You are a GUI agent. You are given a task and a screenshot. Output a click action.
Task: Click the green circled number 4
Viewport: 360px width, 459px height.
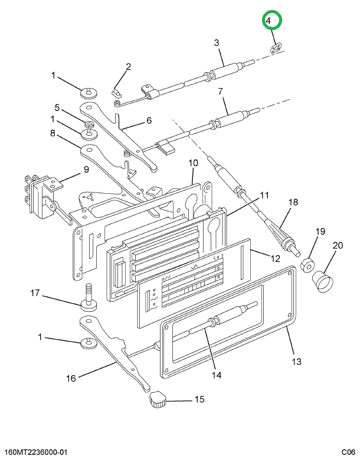point(272,21)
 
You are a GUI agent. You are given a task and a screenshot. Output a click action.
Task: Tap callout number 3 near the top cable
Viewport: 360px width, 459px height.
point(217,43)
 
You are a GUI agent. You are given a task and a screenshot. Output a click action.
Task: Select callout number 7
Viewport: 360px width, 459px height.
point(220,92)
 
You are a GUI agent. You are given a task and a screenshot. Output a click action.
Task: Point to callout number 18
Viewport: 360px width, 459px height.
point(293,202)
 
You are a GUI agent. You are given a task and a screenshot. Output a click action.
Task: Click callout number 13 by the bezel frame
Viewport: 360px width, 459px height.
point(296,362)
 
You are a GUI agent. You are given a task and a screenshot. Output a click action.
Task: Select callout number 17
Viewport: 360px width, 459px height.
point(35,293)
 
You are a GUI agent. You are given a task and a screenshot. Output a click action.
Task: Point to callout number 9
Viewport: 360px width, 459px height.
point(86,170)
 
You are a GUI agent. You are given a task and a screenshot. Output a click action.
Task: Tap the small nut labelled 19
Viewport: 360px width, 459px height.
point(306,263)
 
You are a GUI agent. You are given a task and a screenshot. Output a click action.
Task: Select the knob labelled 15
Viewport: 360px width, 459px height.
point(158,401)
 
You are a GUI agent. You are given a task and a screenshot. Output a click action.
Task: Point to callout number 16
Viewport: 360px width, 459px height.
point(71,378)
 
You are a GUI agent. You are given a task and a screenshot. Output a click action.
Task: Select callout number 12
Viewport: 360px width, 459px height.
point(275,258)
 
